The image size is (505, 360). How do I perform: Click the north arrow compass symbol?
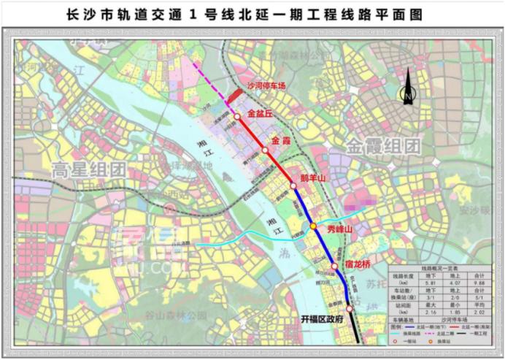(407, 96)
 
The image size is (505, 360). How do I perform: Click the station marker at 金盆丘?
(237, 116)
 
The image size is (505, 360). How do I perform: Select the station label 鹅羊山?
(312, 177)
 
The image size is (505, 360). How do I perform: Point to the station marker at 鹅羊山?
(293, 186)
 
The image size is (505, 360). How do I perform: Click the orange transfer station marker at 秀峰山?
(313, 227)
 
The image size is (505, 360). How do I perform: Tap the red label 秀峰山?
(339, 229)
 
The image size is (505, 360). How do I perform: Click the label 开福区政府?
(320, 319)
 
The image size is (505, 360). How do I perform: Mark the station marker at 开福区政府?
(349, 310)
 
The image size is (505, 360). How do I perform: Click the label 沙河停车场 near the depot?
(266, 85)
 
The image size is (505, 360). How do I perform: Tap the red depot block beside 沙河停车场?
(234, 96)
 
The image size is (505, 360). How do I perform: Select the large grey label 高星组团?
(88, 171)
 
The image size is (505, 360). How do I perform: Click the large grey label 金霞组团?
(385, 145)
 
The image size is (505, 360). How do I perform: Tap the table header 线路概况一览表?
(443, 269)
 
